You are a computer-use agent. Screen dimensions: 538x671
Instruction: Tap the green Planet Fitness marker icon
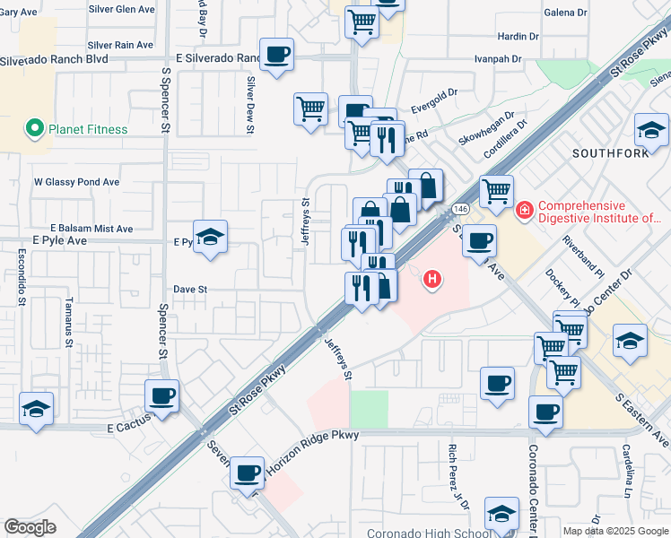click(35, 129)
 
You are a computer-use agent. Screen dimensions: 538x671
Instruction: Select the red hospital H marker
click(433, 280)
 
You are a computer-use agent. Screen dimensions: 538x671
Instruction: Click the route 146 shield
click(460, 208)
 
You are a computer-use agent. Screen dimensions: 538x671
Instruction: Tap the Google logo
click(30, 527)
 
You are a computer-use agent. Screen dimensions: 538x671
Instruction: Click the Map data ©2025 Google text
click(615, 531)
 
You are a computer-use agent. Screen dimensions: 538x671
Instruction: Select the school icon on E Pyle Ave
click(210, 238)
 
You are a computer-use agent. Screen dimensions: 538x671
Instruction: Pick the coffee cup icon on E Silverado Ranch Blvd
click(276, 54)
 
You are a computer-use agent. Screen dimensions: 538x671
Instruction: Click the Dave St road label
click(190, 290)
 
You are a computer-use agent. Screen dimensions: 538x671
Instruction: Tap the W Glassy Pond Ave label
click(77, 182)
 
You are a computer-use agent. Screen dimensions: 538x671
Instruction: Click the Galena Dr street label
click(566, 13)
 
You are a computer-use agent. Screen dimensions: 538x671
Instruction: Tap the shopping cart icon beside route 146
click(496, 190)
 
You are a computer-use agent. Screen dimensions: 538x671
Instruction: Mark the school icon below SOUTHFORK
click(630, 342)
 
